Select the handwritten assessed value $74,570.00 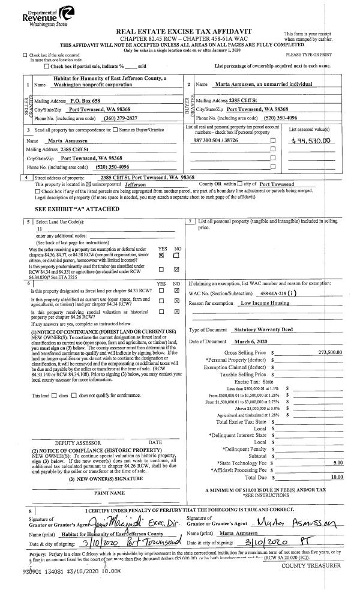tap(309, 140)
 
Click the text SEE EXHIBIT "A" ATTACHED tap(68, 209)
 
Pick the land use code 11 tap(40, 229)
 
